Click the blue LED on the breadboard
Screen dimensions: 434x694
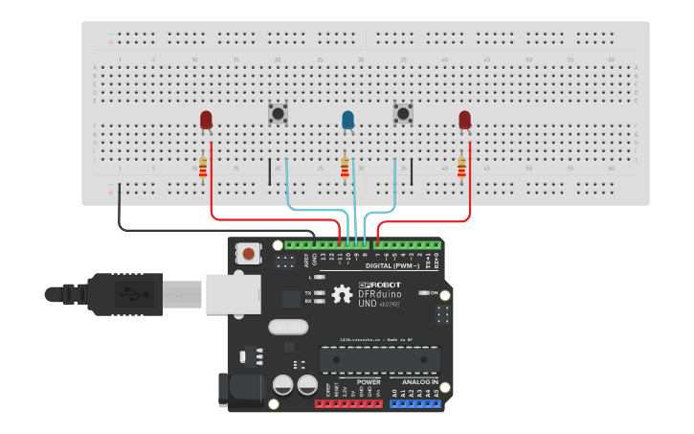click(347, 119)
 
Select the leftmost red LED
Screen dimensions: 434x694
click(206, 119)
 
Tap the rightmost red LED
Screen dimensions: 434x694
click(464, 119)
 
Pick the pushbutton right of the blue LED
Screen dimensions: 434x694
click(403, 114)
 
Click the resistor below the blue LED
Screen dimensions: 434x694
click(345, 168)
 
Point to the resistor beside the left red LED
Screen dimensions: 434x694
click(202, 167)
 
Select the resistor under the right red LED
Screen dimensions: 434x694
click(461, 167)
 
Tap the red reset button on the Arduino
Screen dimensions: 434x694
click(249, 254)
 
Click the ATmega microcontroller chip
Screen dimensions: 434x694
click(380, 360)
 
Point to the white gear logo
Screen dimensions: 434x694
click(342, 294)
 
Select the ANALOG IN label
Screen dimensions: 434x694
click(414, 381)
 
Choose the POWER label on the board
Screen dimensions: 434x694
click(369, 381)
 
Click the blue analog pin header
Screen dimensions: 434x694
click(414, 403)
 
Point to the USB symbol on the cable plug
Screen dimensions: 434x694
click(127, 292)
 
